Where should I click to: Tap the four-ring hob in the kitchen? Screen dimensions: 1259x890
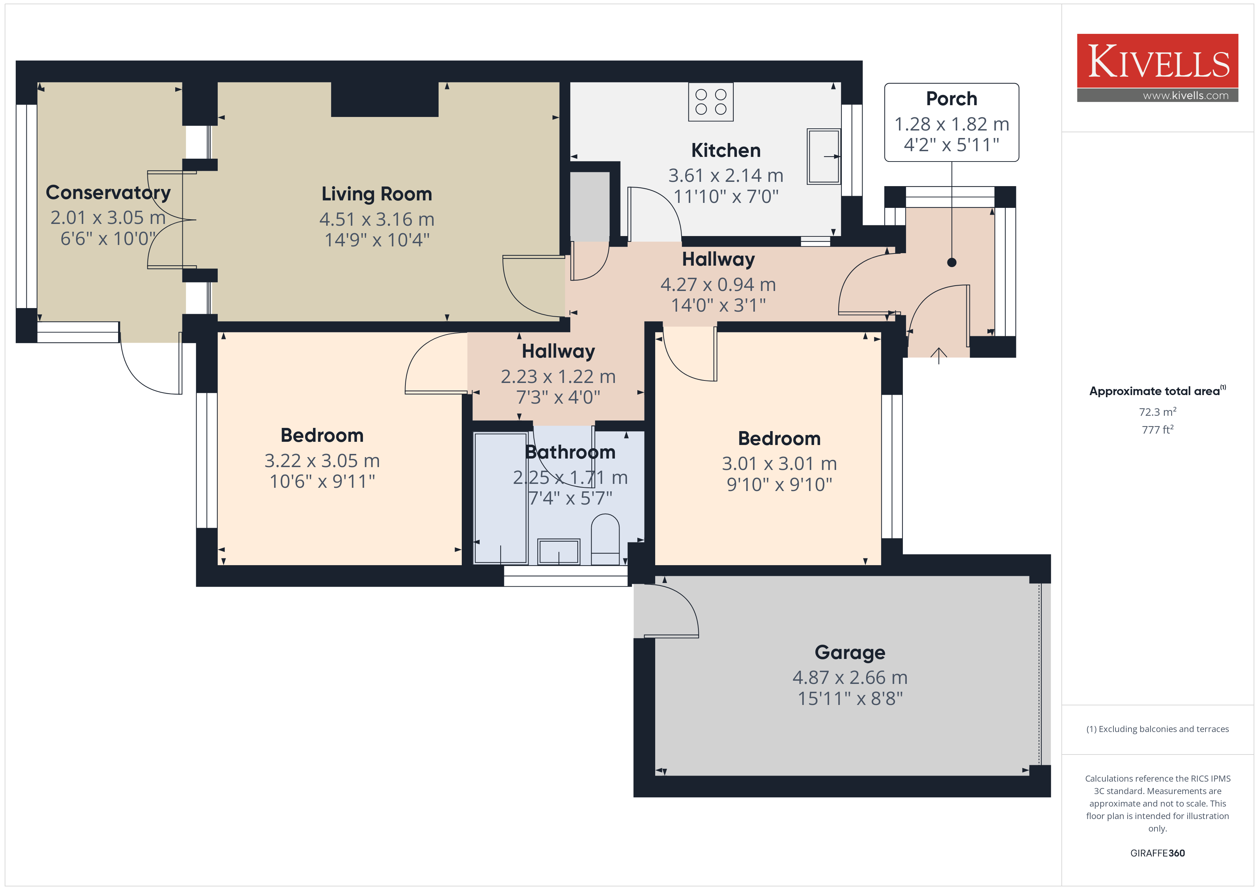(711, 102)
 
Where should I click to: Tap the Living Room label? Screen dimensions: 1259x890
(377, 194)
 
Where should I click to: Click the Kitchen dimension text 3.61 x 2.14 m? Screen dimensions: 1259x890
(725, 175)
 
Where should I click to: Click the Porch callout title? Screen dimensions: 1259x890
(951, 99)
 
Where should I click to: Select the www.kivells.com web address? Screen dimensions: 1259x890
(1185, 95)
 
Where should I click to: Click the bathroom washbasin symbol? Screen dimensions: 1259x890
(558, 551)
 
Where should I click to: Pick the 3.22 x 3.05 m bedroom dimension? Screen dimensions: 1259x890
(322, 461)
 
